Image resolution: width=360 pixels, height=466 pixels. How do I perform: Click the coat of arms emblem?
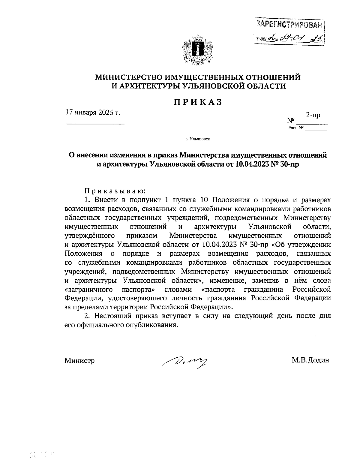[198, 49]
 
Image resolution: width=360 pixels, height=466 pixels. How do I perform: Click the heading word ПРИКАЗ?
[198, 102]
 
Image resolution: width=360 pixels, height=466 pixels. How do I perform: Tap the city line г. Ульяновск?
[197, 139]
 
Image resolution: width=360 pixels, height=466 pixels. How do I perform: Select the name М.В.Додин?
[310, 360]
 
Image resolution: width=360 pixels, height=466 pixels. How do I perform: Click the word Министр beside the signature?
[79, 360]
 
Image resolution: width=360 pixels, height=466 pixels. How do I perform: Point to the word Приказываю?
[115, 191]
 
